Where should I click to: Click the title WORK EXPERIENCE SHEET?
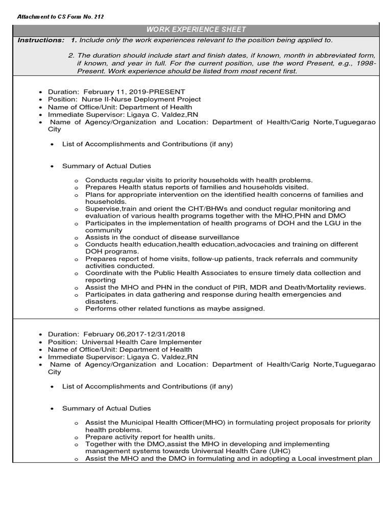(197, 30)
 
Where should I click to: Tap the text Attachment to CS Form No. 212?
(61, 17)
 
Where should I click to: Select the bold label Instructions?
(41, 40)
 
